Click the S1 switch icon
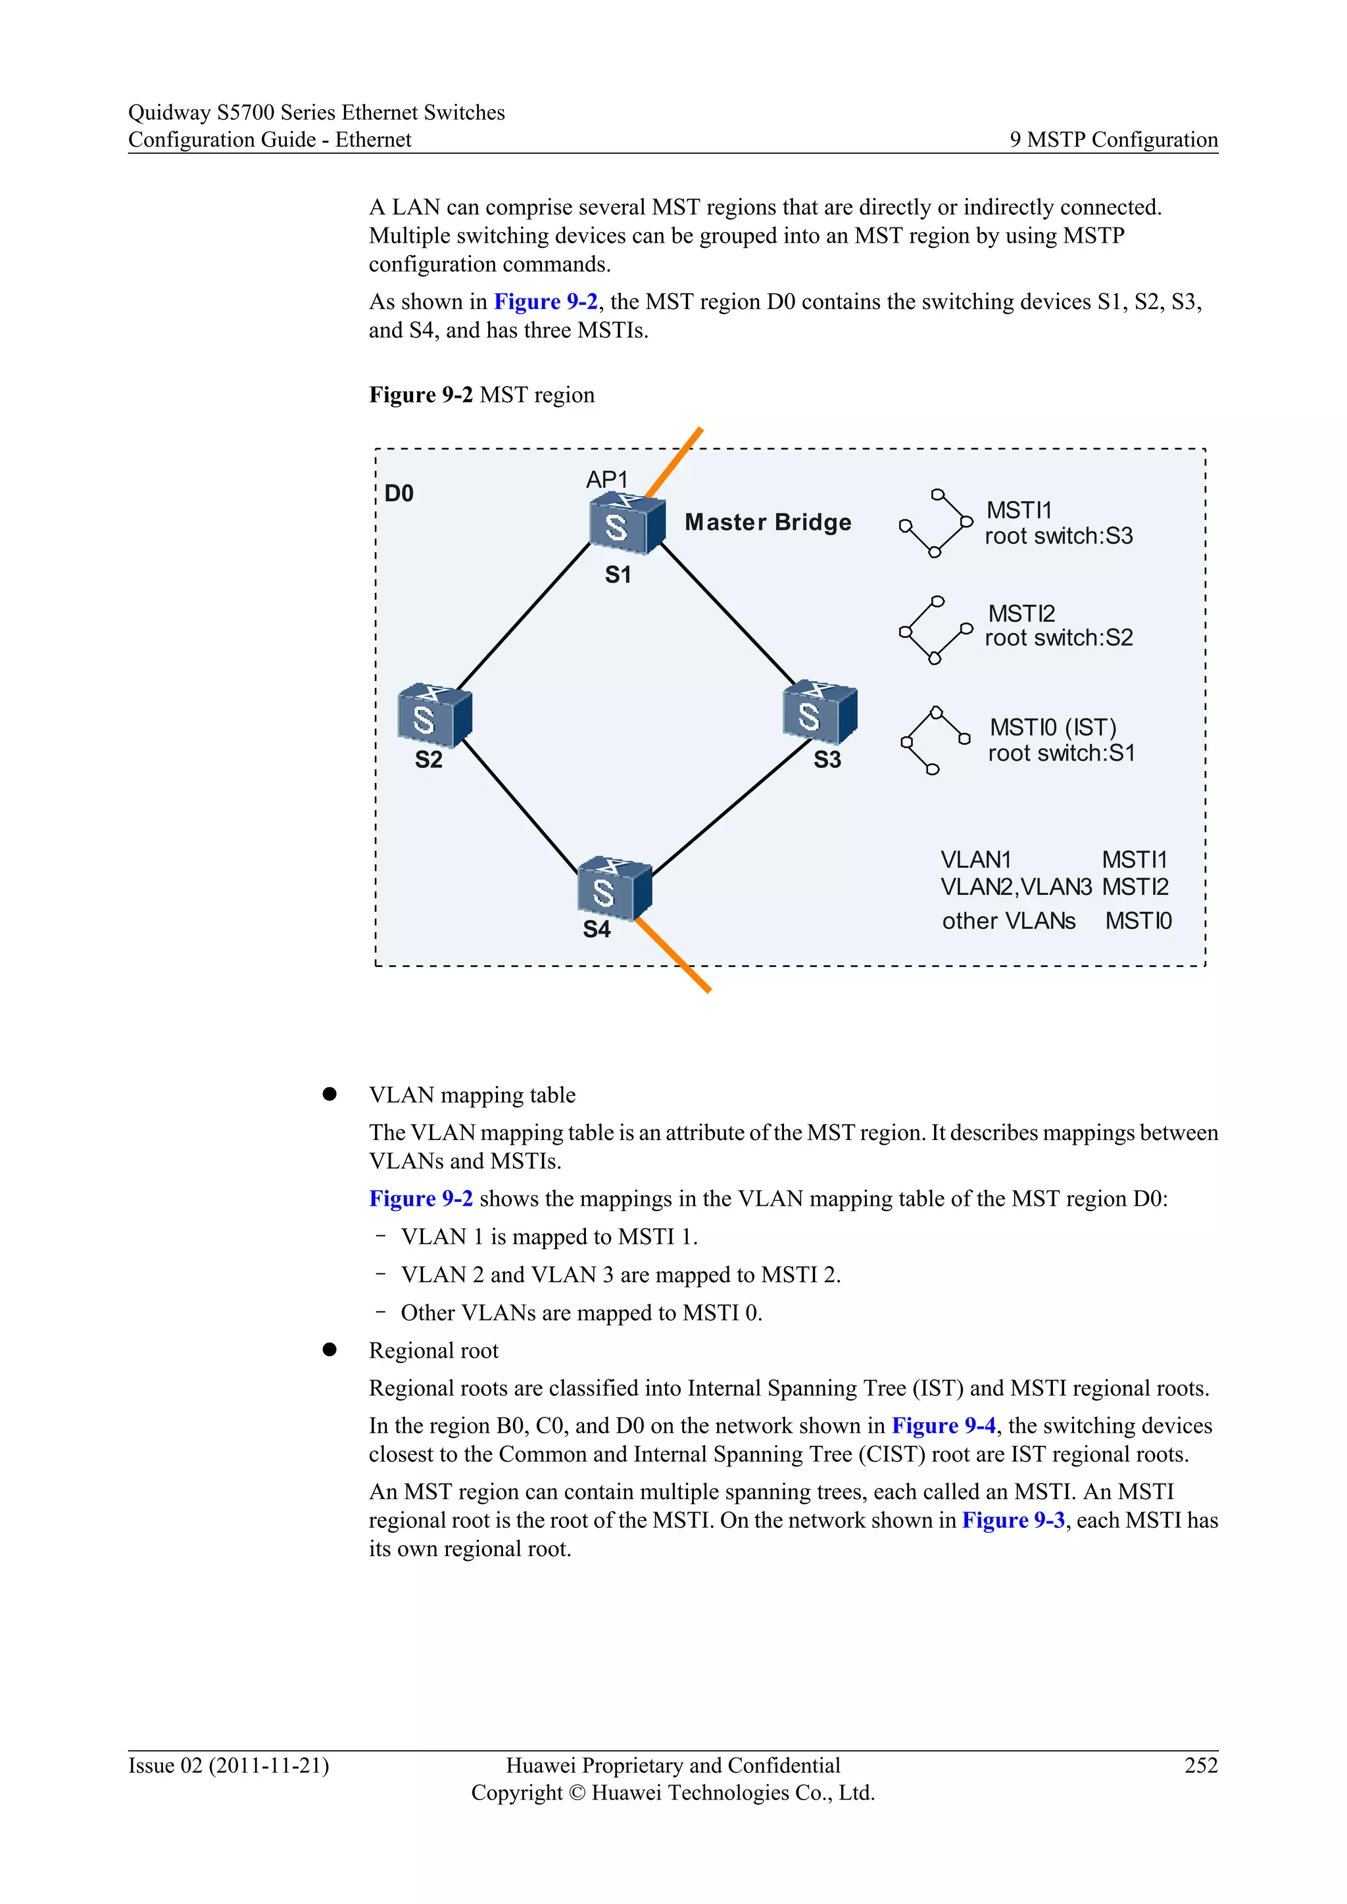(627, 523)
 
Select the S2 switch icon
(435, 715)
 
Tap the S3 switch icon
(820, 712)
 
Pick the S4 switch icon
(614, 889)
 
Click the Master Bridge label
(768, 523)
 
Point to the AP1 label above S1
(606, 479)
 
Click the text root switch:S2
(1058, 638)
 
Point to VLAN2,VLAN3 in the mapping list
(1016, 888)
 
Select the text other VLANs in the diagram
(1008, 921)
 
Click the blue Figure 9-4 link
(943, 1425)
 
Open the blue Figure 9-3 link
(1013, 1520)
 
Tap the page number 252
(1200, 1765)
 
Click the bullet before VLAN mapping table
(330, 1095)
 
